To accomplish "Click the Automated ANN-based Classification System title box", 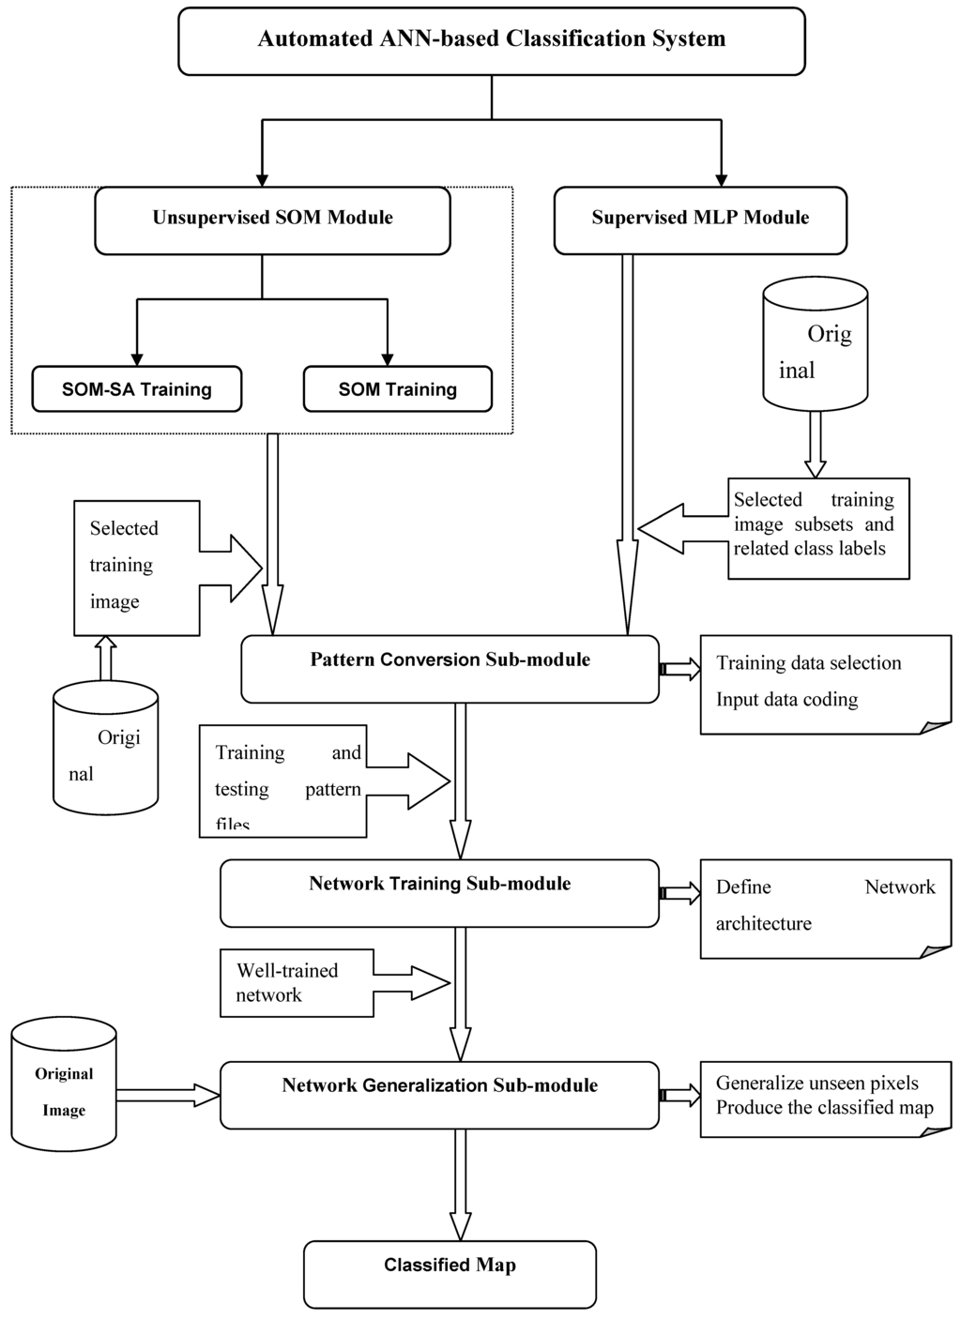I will pyautogui.click(x=491, y=40).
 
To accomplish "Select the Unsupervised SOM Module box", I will pyautogui.click(x=272, y=220).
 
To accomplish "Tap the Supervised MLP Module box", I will pyautogui.click(x=700, y=220).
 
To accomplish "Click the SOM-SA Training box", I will pyautogui.click(x=137, y=389).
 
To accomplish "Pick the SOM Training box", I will pyautogui.click(x=397, y=389).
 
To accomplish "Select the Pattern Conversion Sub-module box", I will pyautogui.click(x=450, y=669).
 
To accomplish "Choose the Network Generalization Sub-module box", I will pyautogui.click(x=439, y=1095).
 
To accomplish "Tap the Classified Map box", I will pyautogui.click(x=450, y=1274).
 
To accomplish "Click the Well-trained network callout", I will pyautogui.click(x=297, y=983).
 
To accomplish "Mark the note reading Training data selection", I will pyautogui.click(x=825, y=682).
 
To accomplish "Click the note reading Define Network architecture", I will pyautogui.click(x=825, y=906).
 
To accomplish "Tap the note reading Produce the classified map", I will pyautogui.click(x=825, y=1098).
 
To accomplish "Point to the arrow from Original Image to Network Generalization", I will pyautogui.click(x=167, y=1094).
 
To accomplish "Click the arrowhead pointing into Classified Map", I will pyautogui.click(x=460, y=1225).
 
